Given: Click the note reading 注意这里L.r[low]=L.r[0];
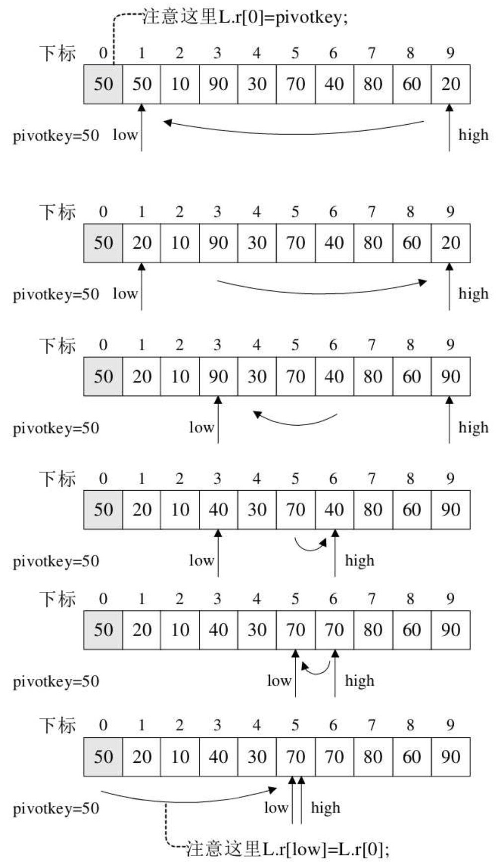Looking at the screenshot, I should (x=287, y=850).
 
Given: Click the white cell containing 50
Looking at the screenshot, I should (x=142, y=84).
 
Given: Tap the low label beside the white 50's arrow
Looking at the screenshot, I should (x=125, y=135).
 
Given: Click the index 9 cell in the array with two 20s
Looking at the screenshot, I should (x=450, y=243).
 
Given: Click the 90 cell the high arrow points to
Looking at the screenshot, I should (x=450, y=376).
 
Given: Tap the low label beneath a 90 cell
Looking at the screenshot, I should (x=201, y=427).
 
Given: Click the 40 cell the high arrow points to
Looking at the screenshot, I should (x=334, y=509).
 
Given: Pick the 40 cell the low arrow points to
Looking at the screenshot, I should (x=218, y=509).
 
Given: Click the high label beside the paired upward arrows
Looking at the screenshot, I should (x=326, y=808).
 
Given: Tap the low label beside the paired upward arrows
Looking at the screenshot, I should (x=276, y=808).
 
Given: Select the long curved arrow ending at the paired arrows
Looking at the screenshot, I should (x=189, y=799).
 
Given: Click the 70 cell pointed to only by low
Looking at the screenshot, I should (x=295, y=630).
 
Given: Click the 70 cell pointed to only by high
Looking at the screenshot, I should (x=334, y=630).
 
